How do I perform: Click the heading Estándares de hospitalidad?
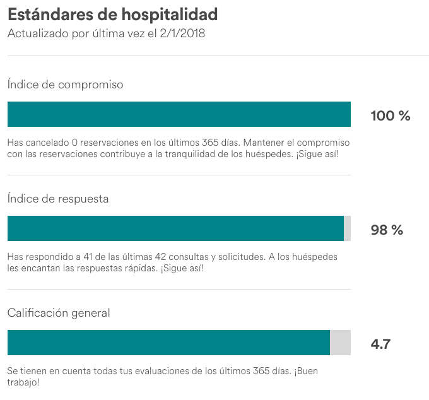(113, 14)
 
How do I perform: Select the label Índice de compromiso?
(65, 84)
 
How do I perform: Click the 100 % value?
(390, 116)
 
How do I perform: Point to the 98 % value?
(387, 230)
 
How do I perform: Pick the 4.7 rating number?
(380, 344)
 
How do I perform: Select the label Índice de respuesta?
(58, 198)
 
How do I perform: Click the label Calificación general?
(59, 312)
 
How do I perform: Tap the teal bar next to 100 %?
(179, 115)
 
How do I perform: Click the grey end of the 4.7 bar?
(340, 343)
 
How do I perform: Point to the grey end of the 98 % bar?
(347, 228)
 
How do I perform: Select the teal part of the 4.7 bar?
(168, 343)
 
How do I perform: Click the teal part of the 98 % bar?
(175, 228)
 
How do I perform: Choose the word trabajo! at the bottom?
(23, 382)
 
